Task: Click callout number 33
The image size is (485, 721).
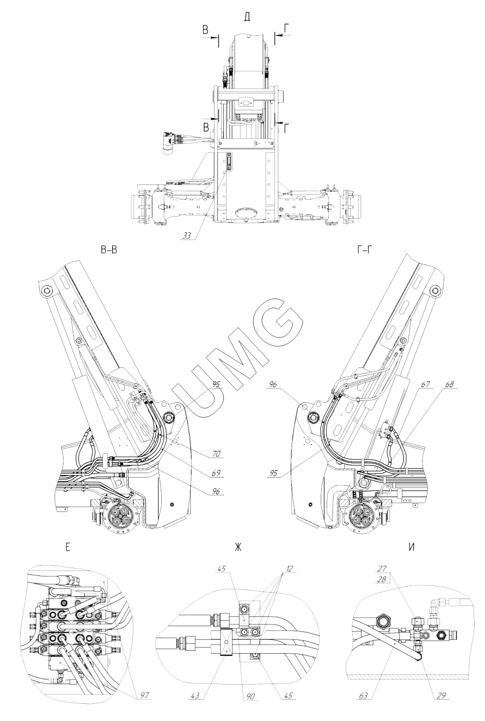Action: (186, 236)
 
